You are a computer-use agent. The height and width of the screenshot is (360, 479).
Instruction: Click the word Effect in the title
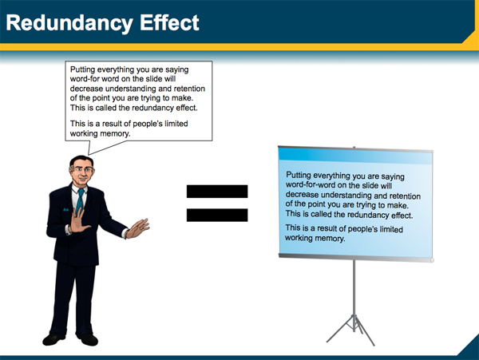click(168, 22)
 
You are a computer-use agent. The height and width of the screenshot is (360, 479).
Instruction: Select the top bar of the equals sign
click(217, 192)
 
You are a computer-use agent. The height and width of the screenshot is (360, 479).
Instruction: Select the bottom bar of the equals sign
click(217, 215)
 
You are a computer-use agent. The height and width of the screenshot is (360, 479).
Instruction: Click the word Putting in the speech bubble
click(86, 70)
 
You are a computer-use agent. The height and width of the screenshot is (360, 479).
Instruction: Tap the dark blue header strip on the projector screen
click(355, 154)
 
